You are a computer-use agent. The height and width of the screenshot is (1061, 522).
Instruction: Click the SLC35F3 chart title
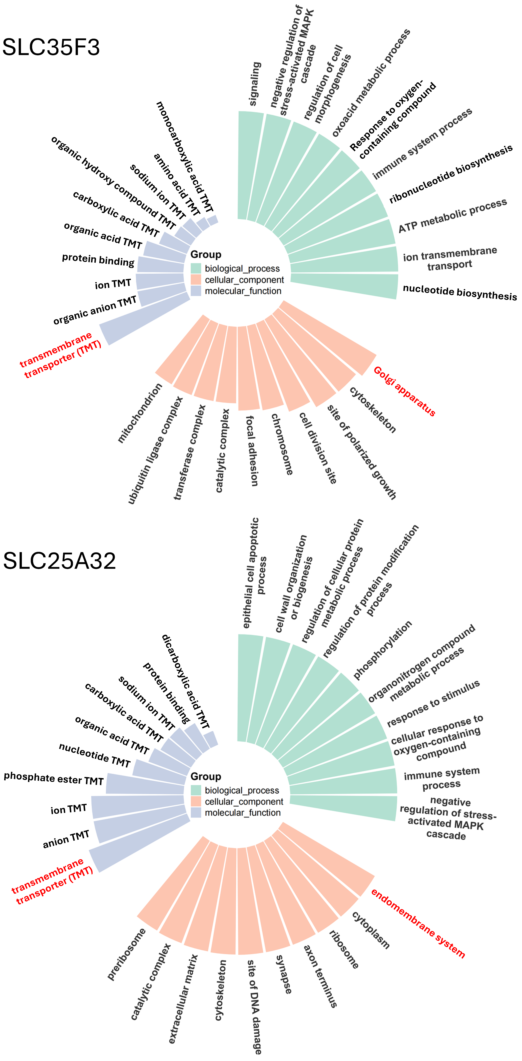tap(51, 47)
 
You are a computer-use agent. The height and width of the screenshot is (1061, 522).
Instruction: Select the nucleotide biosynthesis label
tap(459, 292)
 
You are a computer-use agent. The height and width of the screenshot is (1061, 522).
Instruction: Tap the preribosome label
tap(126, 954)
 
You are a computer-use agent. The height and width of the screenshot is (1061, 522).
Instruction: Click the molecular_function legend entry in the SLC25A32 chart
tap(242, 813)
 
